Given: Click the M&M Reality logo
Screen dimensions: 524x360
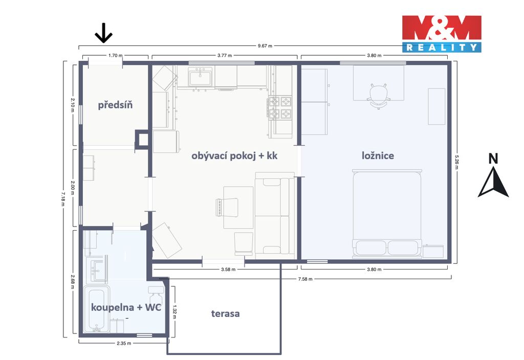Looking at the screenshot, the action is tap(442, 34).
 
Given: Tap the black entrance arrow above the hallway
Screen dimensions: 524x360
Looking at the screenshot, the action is tap(103, 33).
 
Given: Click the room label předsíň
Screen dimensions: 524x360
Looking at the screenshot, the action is tap(115, 105).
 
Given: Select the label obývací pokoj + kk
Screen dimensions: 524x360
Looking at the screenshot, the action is tap(234, 155).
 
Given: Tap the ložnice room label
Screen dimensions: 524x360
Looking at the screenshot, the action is tap(378, 155).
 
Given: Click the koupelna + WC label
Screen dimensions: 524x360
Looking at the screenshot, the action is tap(126, 307).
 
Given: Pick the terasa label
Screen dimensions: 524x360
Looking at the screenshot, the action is tap(225, 313).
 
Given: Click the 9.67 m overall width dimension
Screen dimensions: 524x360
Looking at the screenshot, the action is tap(265, 46).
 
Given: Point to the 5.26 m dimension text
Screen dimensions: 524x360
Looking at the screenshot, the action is tap(456, 162).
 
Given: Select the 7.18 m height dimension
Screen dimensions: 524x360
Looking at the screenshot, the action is tap(62, 199).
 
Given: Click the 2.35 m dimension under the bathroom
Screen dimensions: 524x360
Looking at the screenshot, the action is tap(124, 343).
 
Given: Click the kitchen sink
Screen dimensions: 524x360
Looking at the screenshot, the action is tap(200, 77).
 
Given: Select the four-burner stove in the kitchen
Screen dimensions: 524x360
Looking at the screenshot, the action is tap(280, 107).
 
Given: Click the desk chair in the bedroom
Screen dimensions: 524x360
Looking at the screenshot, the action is tap(379, 96).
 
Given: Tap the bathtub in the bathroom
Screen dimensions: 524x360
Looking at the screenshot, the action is tap(96, 309).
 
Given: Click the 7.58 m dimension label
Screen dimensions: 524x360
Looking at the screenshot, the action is tap(305, 279).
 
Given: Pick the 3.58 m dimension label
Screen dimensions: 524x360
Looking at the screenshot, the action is tap(228, 269).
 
